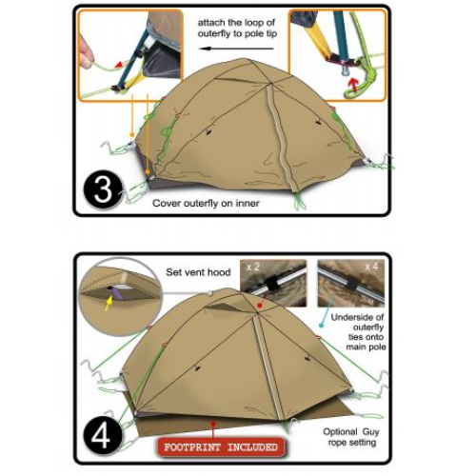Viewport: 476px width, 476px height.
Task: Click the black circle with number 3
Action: pos(103,189)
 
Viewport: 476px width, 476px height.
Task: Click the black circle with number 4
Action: pos(103,437)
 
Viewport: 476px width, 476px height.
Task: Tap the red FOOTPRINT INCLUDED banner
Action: pos(221,447)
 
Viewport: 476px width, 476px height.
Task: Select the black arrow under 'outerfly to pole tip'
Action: pos(236,49)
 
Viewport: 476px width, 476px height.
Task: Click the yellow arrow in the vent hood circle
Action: pos(109,304)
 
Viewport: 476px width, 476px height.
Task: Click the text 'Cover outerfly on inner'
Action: pos(206,203)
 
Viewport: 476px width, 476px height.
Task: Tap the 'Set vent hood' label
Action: pos(198,272)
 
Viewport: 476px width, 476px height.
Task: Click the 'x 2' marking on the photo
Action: pos(253,267)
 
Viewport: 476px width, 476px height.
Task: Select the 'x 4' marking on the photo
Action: pos(371,267)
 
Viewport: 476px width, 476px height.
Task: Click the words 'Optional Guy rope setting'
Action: pos(351,437)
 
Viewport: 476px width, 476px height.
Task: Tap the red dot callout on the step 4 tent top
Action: pos(260,306)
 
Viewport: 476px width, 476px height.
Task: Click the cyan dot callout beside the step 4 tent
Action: pos(321,326)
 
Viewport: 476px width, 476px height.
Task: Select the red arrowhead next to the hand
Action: pos(118,65)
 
